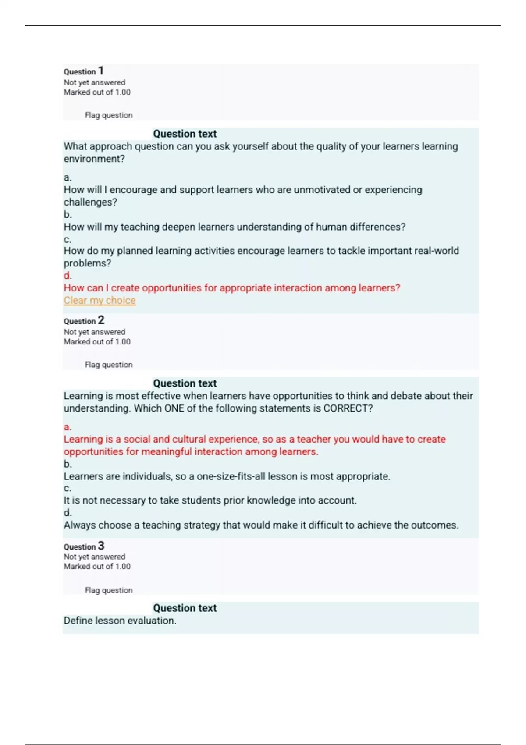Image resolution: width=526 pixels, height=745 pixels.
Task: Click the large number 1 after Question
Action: point(101,71)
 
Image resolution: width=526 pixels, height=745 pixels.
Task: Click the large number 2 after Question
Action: point(101,320)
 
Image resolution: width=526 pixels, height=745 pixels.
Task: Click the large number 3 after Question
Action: point(101,546)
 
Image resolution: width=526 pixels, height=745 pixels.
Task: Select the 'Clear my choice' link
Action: point(100,300)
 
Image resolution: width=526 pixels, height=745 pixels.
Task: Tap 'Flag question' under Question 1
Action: point(108,115)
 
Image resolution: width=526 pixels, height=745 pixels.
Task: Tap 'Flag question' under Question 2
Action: point(108,365)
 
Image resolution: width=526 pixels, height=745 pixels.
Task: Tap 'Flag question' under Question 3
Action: point(108,590)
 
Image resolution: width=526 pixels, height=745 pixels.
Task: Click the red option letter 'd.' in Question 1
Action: point(68,276)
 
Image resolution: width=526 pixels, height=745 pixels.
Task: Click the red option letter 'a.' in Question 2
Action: point(68,427)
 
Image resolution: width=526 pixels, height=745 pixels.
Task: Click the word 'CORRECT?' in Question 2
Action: point(348,408)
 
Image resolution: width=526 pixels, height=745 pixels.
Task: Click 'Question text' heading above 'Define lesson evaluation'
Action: point(185,608)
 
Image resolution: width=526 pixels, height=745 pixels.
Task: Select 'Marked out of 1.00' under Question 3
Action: point(97,566)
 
